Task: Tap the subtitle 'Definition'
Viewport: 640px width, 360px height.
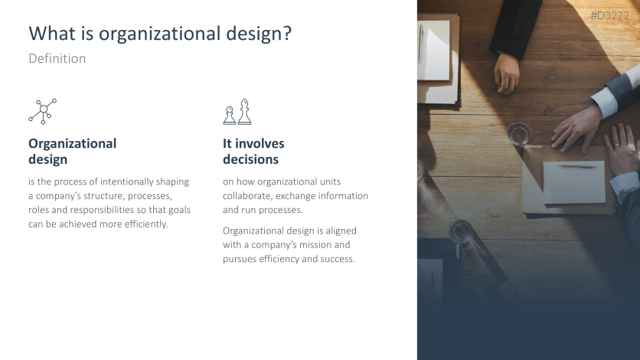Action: pos(57,58)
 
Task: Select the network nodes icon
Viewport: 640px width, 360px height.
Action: pos(43,111)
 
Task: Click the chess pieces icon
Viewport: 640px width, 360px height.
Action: pos(237,112)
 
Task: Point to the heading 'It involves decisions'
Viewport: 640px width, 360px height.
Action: pos(253,152)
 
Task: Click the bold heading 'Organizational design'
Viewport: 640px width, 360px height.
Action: pos(72,152)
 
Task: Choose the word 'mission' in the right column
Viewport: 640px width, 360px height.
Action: pos(333,245)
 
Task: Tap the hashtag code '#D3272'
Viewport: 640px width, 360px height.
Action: pos(610,15)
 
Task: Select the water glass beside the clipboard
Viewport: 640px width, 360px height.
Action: pos(519,134)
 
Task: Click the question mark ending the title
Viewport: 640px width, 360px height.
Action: pos(288,34)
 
